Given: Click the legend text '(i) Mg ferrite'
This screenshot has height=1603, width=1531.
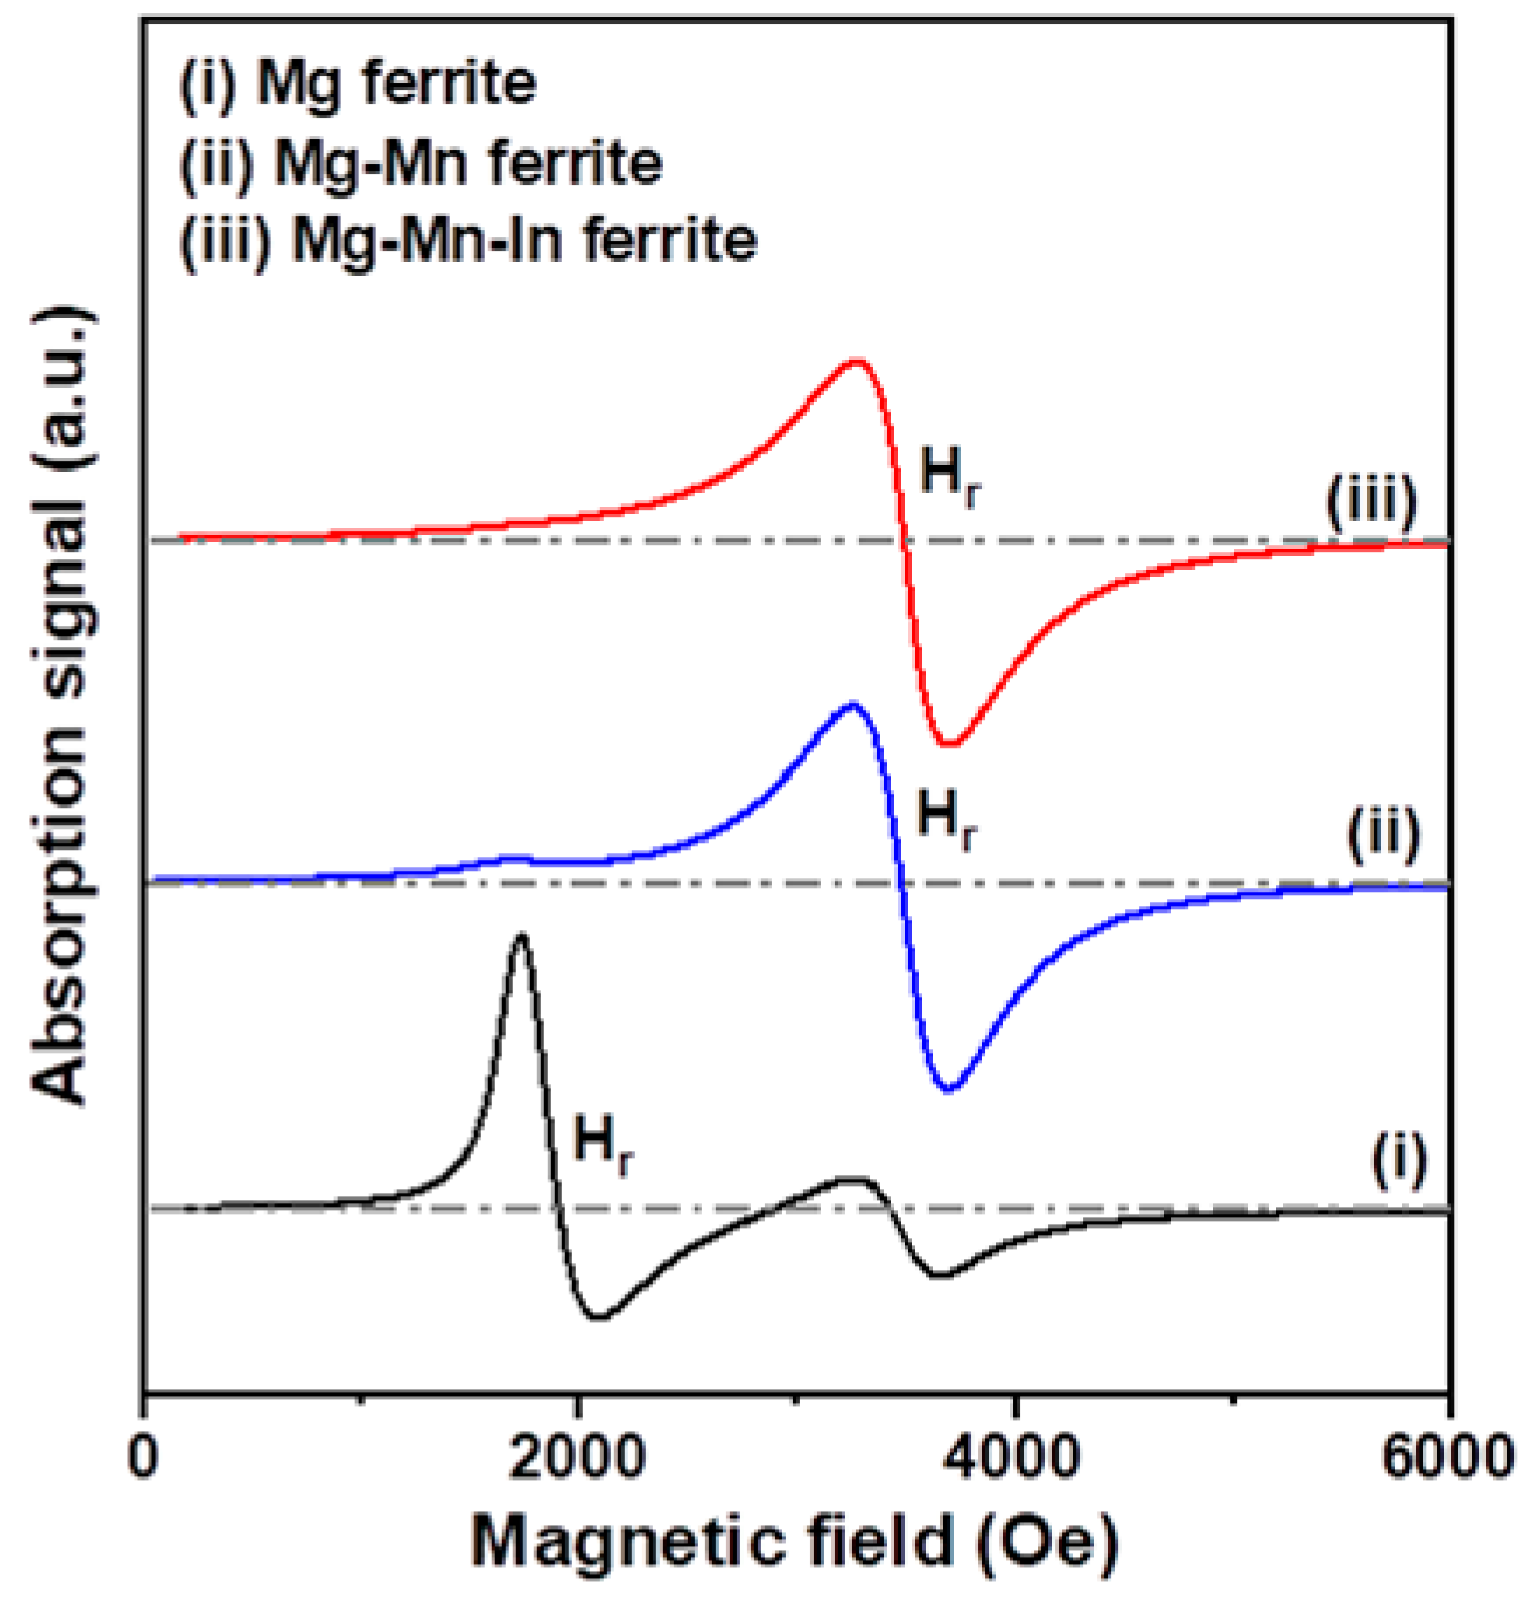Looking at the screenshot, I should pyautogui.click(x=357, y=85).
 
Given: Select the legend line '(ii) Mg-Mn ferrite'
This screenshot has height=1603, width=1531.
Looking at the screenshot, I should pyautogui.click(x=421, y=163).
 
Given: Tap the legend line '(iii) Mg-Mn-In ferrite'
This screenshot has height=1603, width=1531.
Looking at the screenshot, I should pyautogui.click(x=468, y=240).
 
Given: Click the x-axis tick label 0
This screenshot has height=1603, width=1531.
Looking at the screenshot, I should pyautogui.click(x=143, y=1457).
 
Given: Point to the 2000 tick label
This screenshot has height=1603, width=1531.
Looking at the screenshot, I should pyautogui.click(x=577, y=1457).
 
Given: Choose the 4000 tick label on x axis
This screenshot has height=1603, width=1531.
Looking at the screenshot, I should pyautogui.click(x=1013, y=1457).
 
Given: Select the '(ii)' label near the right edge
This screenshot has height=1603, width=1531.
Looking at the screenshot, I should pyautogui.click(x=1382, y=836).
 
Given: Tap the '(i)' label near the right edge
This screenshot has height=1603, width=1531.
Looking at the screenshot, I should pyautogui.click(x=1398, y=1161).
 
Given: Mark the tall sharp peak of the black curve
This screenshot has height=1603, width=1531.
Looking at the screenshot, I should pyautogui.click(x=521, y=936).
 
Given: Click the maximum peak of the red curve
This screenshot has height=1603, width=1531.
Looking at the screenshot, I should pyautogui.click(x=856, y=360).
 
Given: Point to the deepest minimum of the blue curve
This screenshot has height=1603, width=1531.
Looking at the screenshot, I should pyautogui.click(x=950, y=1088).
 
